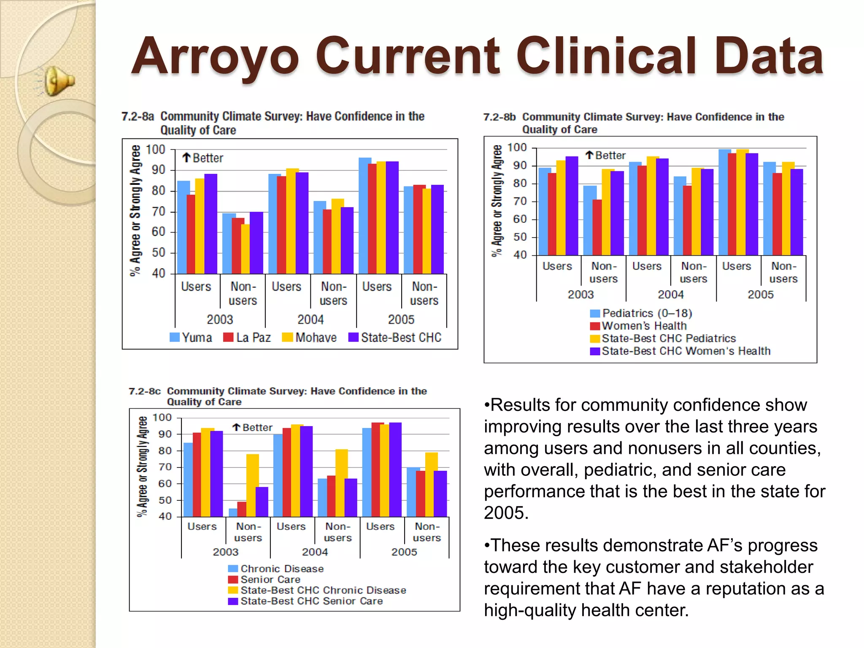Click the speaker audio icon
[x=59, y=81]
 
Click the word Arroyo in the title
[x=215, y=57]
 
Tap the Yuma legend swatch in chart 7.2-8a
[x=174, y=337]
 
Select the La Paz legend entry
[x=247, y=337]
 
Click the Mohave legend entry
[x=309, y=337]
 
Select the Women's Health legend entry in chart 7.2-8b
[x=638, y=326]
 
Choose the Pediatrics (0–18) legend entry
[x=641, y=313]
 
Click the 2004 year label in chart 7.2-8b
[x=670, y=294]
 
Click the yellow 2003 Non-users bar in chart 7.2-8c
[x=252, y=485]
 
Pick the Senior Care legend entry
[x=264, y=580]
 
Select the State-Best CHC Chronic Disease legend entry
[x=317, y=590]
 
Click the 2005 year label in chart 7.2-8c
[x=404, y=552]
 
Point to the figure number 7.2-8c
[x=145, y=391]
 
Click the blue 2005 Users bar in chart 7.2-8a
[x=364, y=215]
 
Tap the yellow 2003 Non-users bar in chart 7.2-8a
[x=245, y=249]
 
